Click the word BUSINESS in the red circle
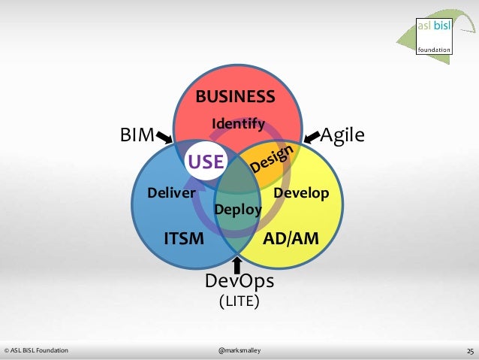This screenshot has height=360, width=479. click(235, 97)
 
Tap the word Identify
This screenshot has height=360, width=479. click(238, 123)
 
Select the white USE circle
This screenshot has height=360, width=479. click(206, 161)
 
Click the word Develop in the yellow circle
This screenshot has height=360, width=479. click(301, 193)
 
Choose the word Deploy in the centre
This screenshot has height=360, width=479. click(238, 210)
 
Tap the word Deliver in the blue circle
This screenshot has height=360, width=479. click(171, 193)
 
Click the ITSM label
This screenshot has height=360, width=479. click(184, 239)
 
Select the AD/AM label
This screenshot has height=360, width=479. click(291, 239)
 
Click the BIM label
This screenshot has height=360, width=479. click(137, 135)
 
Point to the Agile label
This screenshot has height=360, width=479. click(342, 135)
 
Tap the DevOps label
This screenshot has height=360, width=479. click(239, 281)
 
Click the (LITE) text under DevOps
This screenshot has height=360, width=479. click(239, 301)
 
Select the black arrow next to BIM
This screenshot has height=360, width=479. click(164, 138)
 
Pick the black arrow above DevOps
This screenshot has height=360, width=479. click(238, 264)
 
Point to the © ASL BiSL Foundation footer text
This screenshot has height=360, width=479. click(36, 350)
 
